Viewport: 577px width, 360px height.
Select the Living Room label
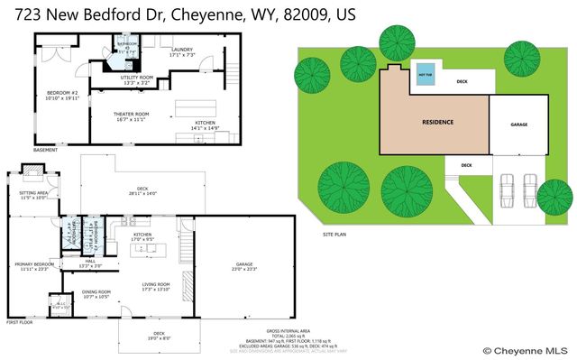(x=156, y=287)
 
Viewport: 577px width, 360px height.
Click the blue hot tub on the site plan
(x=425, y=78)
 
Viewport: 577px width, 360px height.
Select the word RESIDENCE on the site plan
(x=438, y=122)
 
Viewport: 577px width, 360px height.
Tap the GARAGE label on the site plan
(x=518, y=125)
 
